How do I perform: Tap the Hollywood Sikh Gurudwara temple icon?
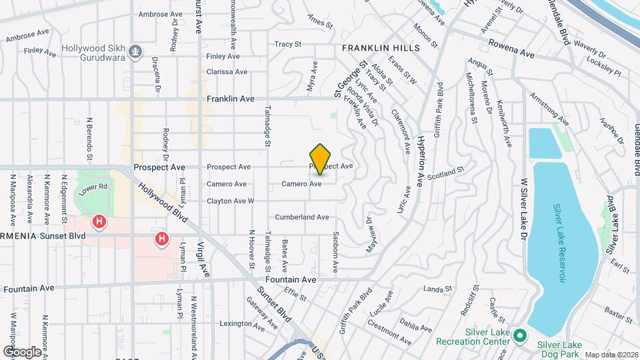point(135,51)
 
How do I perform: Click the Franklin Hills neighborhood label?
point(381,48)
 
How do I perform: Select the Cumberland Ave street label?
point(302,217)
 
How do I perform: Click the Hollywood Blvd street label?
point(160,195)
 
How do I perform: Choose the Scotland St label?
point(445,173)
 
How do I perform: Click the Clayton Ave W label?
point(231,201)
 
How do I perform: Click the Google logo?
point(22,351)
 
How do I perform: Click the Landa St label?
point(438,289)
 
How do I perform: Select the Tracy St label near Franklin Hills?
point(288,45)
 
